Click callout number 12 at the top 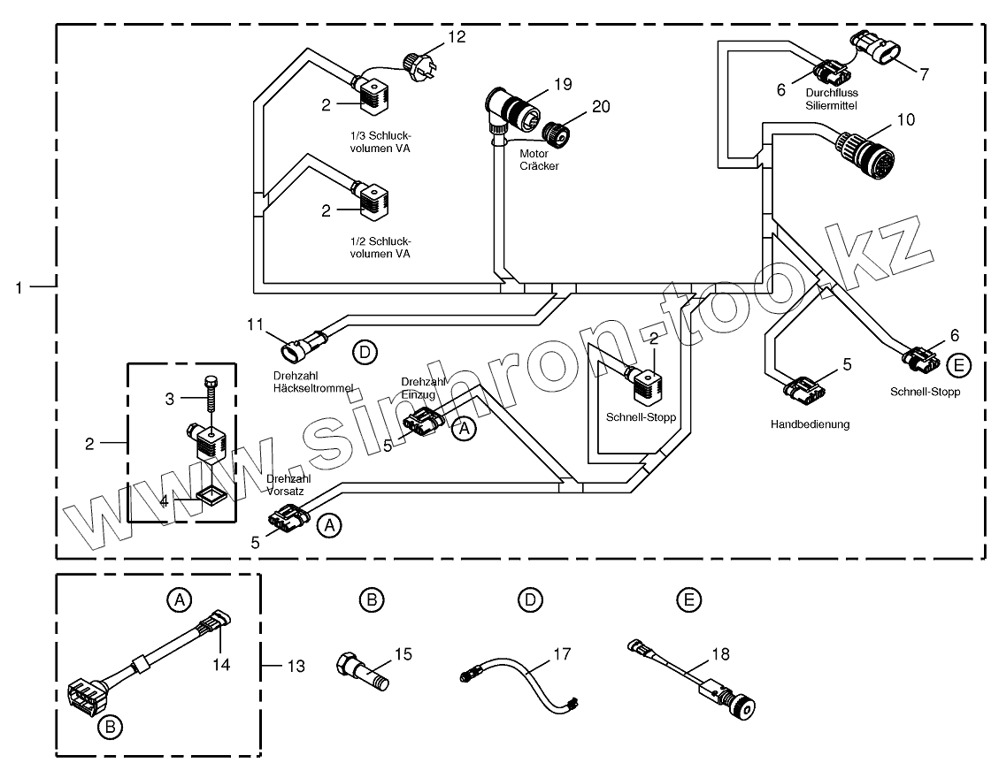pos(457,37)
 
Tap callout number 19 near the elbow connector pos(563,84)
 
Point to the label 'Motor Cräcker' pos(538,160)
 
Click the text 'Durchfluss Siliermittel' pos(832,99)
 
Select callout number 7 pos(924,74)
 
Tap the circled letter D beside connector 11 pos(365,352)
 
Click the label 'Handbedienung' pos(810,424)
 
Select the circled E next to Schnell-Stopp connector pos(959,365)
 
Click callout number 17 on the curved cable pos(561,654)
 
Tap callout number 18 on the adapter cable pos(720,654)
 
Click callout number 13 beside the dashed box pos(296,667)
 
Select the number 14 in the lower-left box pos(221,664)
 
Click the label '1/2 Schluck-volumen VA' pos(380,248)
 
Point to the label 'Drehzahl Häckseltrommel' pos(313,382)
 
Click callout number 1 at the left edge pos(19,287)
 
